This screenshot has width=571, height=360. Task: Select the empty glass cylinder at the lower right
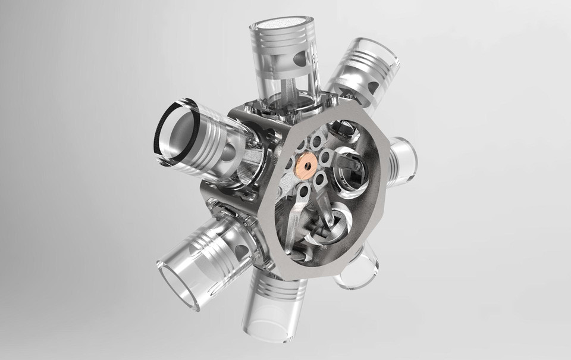360,268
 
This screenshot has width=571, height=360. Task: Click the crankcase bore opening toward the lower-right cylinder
327,226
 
